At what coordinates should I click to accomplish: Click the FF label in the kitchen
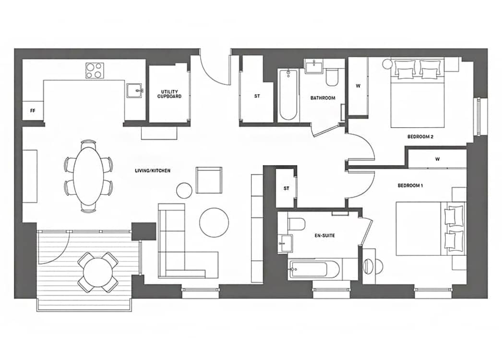tap(33, 111)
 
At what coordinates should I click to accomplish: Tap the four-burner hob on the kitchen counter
tap(95, 71)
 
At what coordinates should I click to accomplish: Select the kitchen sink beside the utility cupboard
tap(134, 91)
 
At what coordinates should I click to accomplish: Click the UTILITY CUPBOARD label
tap(169, 94)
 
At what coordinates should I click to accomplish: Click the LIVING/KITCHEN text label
tap(153, 171)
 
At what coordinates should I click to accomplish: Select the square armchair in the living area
tap(209, 180)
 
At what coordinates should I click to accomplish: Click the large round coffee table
tap(214, 223)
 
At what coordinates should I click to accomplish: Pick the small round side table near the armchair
tap(184, 190)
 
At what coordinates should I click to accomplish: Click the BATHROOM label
tap(323, 98)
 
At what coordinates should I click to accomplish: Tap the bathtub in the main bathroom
tap(288, 95)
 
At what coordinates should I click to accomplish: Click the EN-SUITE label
tap(324, 235)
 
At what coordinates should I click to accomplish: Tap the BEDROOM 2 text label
tap(420, 137)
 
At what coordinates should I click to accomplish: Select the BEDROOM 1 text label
tap(410, 185)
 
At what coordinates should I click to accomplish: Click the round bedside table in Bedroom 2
tap(387, 63)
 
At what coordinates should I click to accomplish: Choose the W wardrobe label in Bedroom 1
tap(437, 159)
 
